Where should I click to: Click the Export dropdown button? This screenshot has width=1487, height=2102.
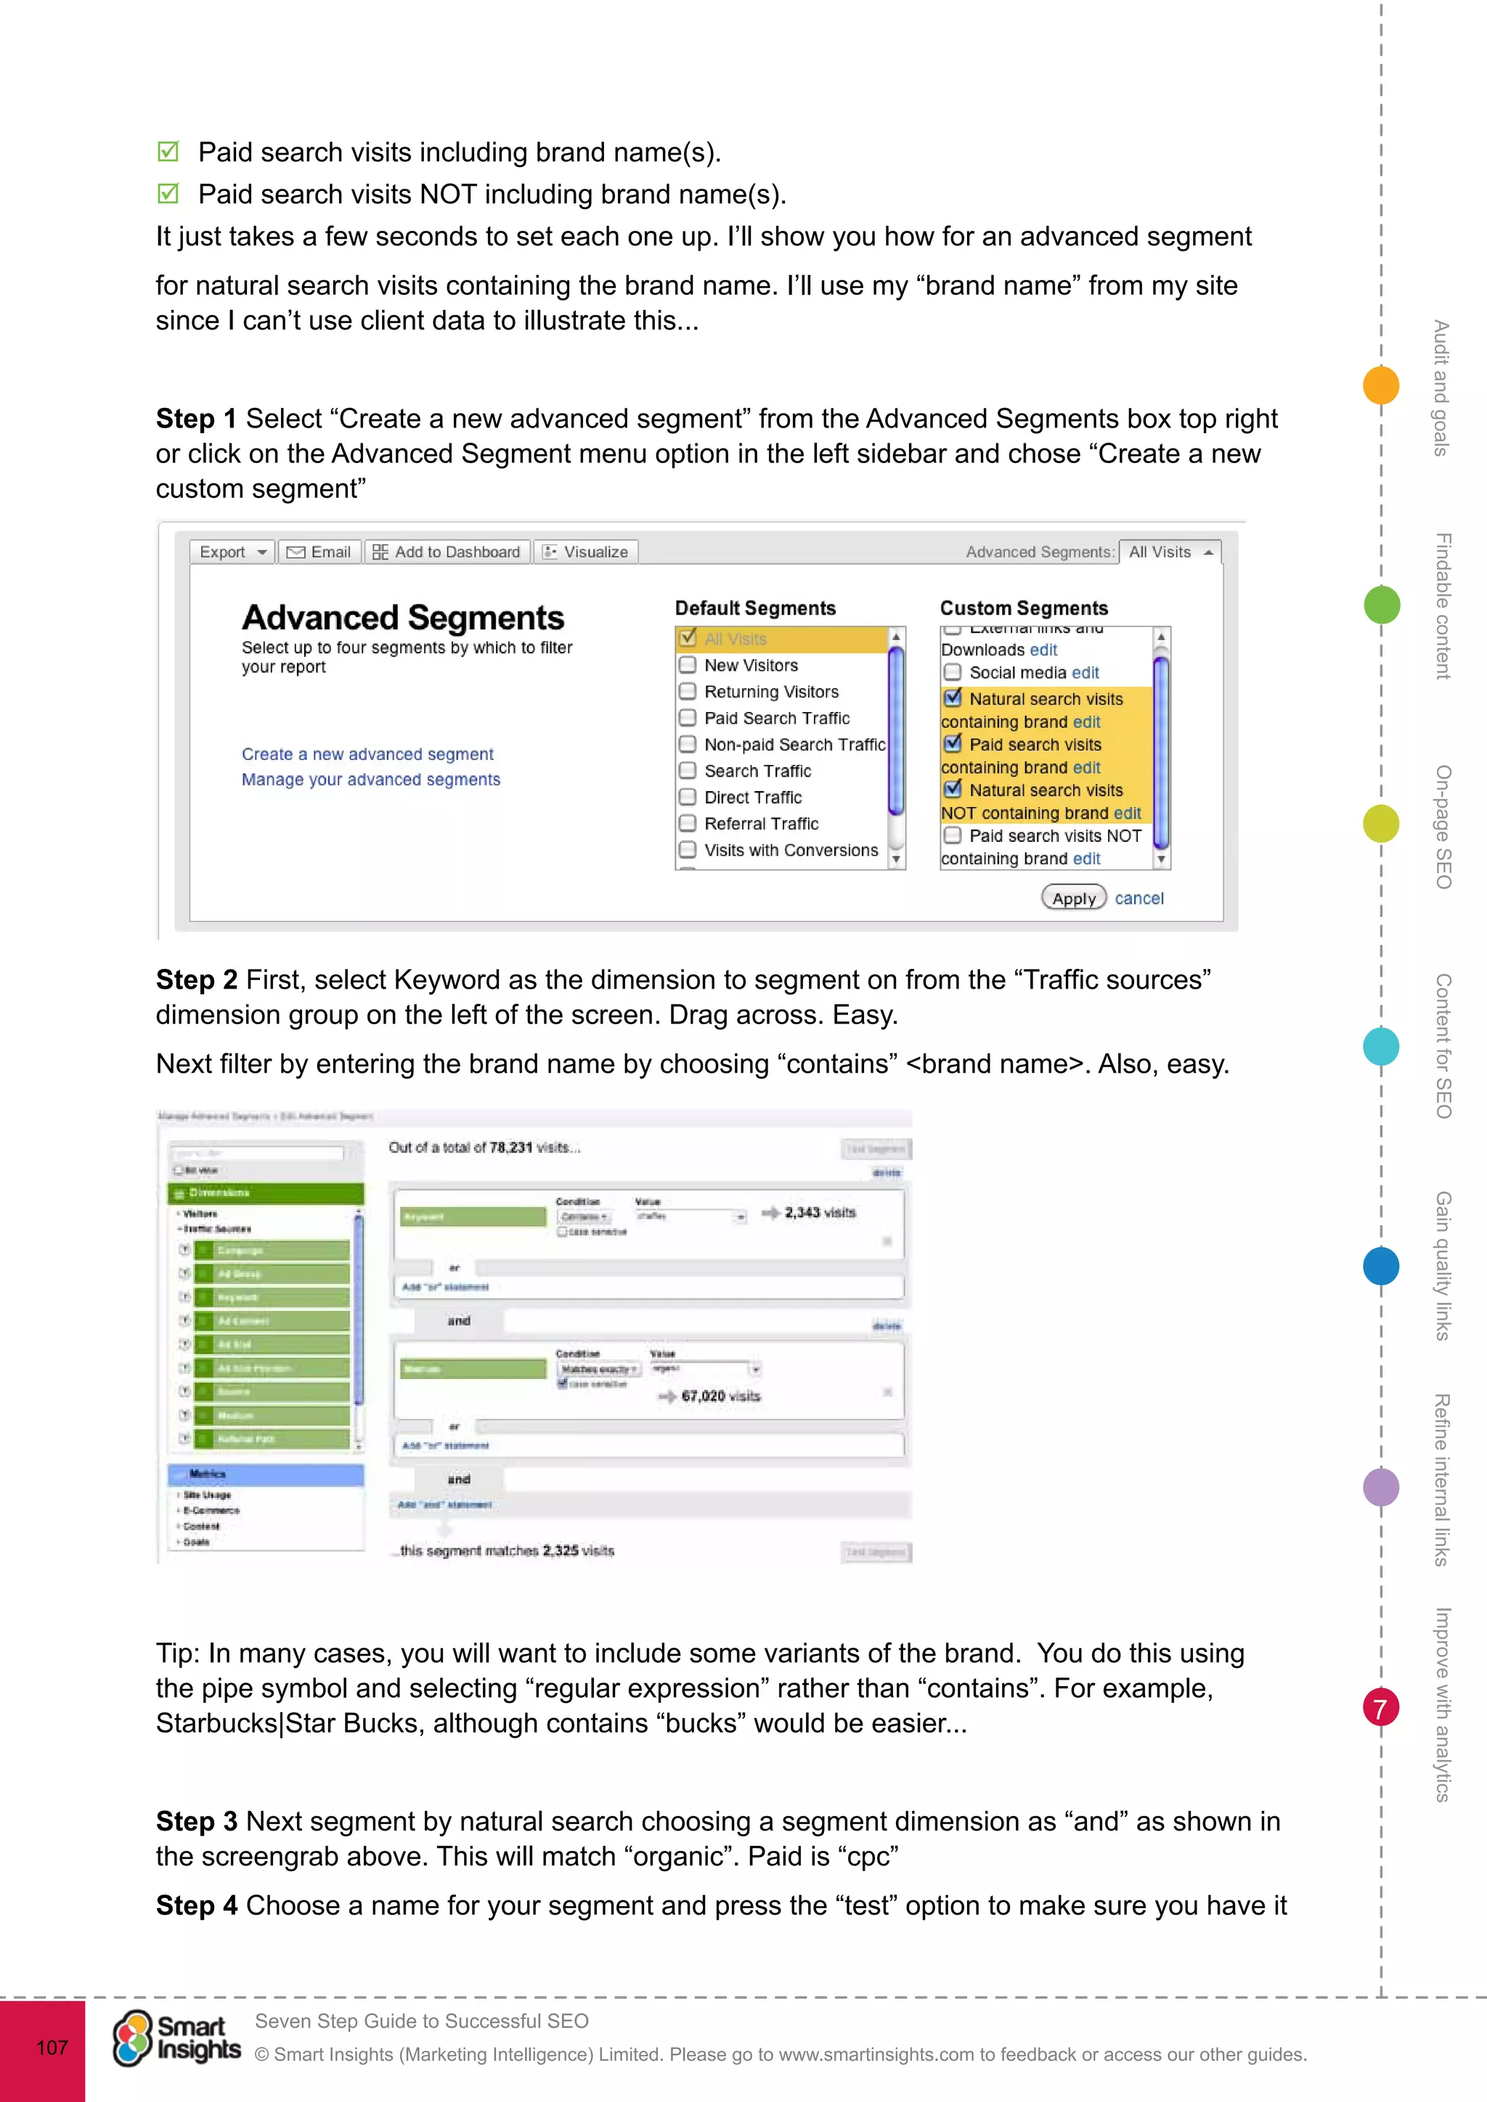[232, 552]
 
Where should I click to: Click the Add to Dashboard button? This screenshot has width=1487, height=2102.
[447, 552]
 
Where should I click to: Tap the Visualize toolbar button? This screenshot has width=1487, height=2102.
[586, 552]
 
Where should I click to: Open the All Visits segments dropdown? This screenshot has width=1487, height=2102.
[1169, 552]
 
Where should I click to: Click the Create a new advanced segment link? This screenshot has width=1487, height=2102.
[367, 754]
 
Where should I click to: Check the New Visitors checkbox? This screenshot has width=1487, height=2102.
[688, 666]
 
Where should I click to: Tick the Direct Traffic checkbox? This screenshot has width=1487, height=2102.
[688, 798]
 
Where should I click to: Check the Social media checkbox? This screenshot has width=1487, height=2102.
[953, 673]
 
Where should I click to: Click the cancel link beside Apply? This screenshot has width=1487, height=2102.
[1139, 899]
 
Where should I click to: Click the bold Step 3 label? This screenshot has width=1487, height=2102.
[197, 1822]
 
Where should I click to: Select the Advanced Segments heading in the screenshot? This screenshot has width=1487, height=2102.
[403, 618]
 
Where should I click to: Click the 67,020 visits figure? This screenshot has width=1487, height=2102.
[720, 1396]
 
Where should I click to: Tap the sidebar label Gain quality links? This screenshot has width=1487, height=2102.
[1443, 1265]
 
